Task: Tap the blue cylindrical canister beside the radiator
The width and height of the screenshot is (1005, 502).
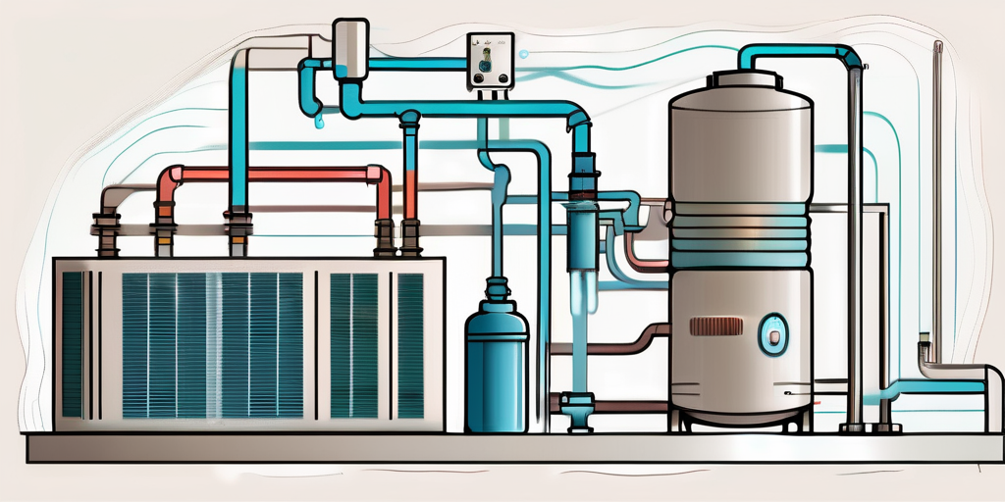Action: [498, 368]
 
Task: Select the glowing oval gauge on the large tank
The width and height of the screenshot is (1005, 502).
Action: [773, 333]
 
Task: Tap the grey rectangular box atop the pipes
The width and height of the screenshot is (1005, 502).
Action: [350, 44]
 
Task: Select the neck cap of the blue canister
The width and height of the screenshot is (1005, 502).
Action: [498, 290]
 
